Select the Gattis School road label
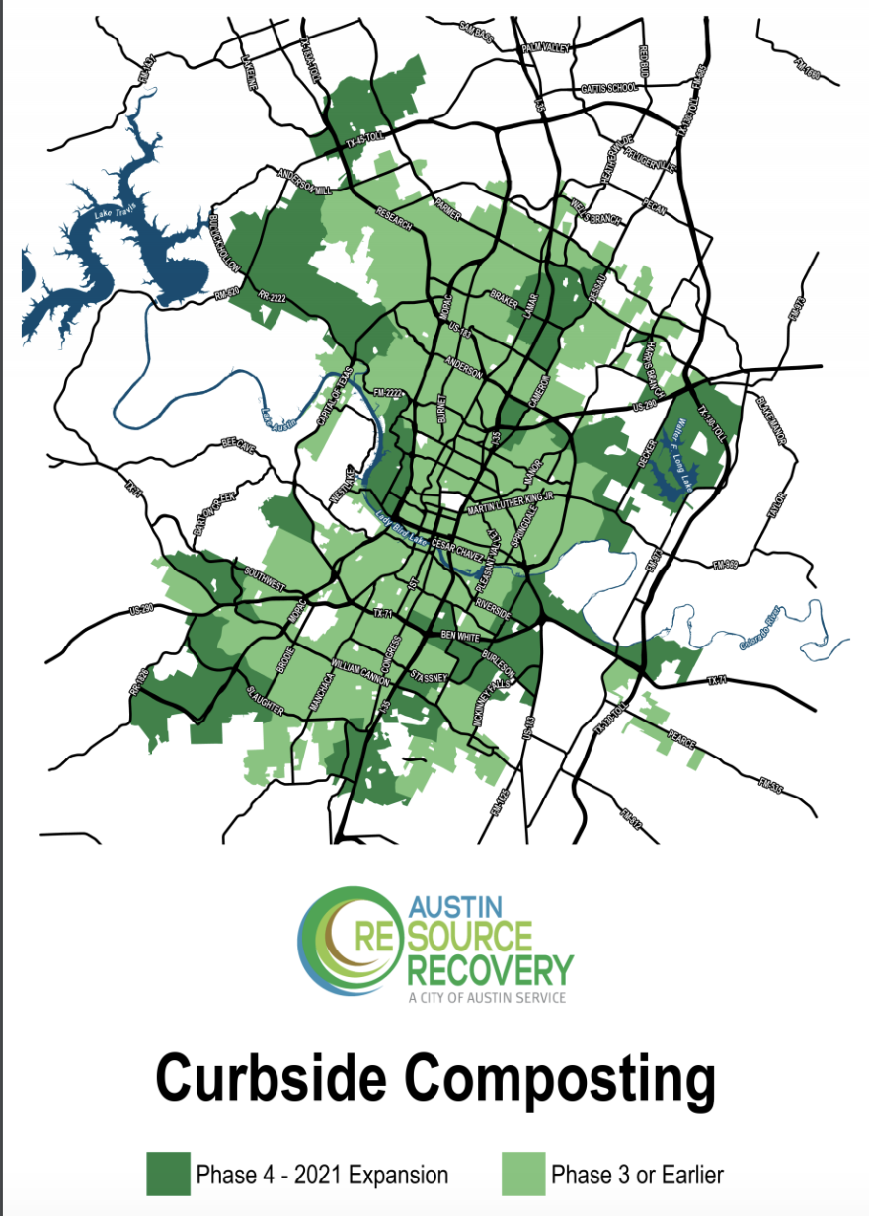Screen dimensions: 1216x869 point(609,87)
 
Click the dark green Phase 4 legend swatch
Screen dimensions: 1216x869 point(168,1174)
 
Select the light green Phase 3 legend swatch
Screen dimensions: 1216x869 point(523,1174)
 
